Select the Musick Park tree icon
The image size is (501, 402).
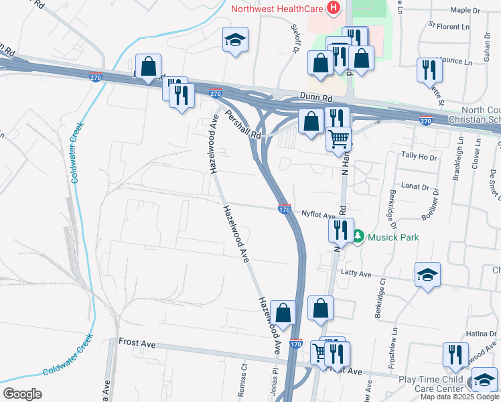358,236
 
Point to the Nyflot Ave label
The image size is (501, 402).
317,215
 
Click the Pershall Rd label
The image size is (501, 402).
242,125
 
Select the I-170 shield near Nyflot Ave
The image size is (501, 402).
284,210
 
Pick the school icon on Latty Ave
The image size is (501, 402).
427,275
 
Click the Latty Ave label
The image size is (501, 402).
356,273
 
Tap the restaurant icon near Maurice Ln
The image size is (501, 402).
427,69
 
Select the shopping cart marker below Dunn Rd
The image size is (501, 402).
339,139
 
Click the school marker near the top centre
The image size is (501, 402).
235,40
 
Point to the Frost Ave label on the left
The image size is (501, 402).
137,343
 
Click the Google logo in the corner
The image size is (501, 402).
22,393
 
